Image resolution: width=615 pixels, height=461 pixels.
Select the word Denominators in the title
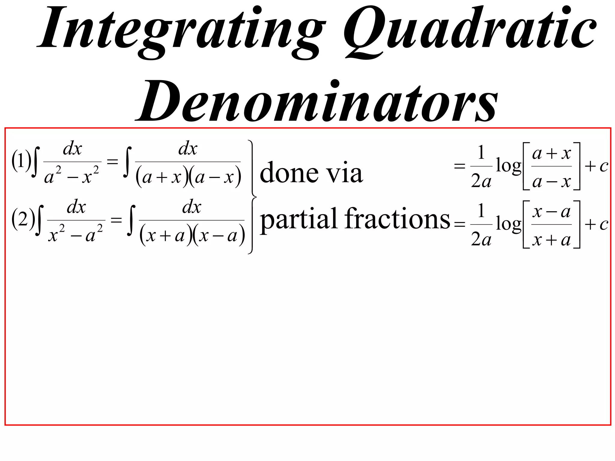tap(317, 101)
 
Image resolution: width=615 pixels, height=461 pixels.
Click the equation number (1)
tap(21, 161)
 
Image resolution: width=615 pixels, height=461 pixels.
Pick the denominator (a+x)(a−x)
tap(188, 177)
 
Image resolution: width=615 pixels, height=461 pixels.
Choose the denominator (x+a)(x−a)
tap(192, 236)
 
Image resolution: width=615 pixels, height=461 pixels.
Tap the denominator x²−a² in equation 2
tap(76, 234)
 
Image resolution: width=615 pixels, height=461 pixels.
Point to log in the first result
tap(508, 166)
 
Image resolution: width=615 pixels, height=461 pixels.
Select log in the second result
tap(508, 224)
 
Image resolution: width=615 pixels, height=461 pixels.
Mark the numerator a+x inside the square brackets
tap(551, 154)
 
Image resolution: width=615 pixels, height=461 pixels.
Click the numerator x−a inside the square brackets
tap(551, 212)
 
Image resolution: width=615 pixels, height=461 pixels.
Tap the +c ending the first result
tap(596, 166)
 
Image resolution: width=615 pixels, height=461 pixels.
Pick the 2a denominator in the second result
tap(481, 240)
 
